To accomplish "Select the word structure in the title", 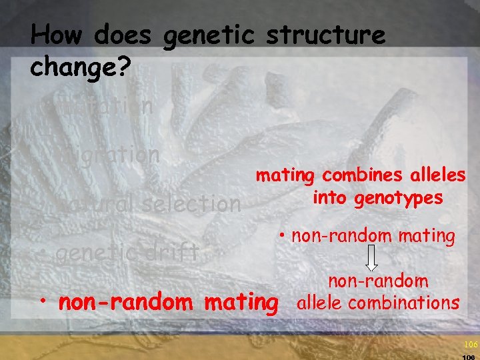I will click(325, 35).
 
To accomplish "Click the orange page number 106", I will click(471, 344).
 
